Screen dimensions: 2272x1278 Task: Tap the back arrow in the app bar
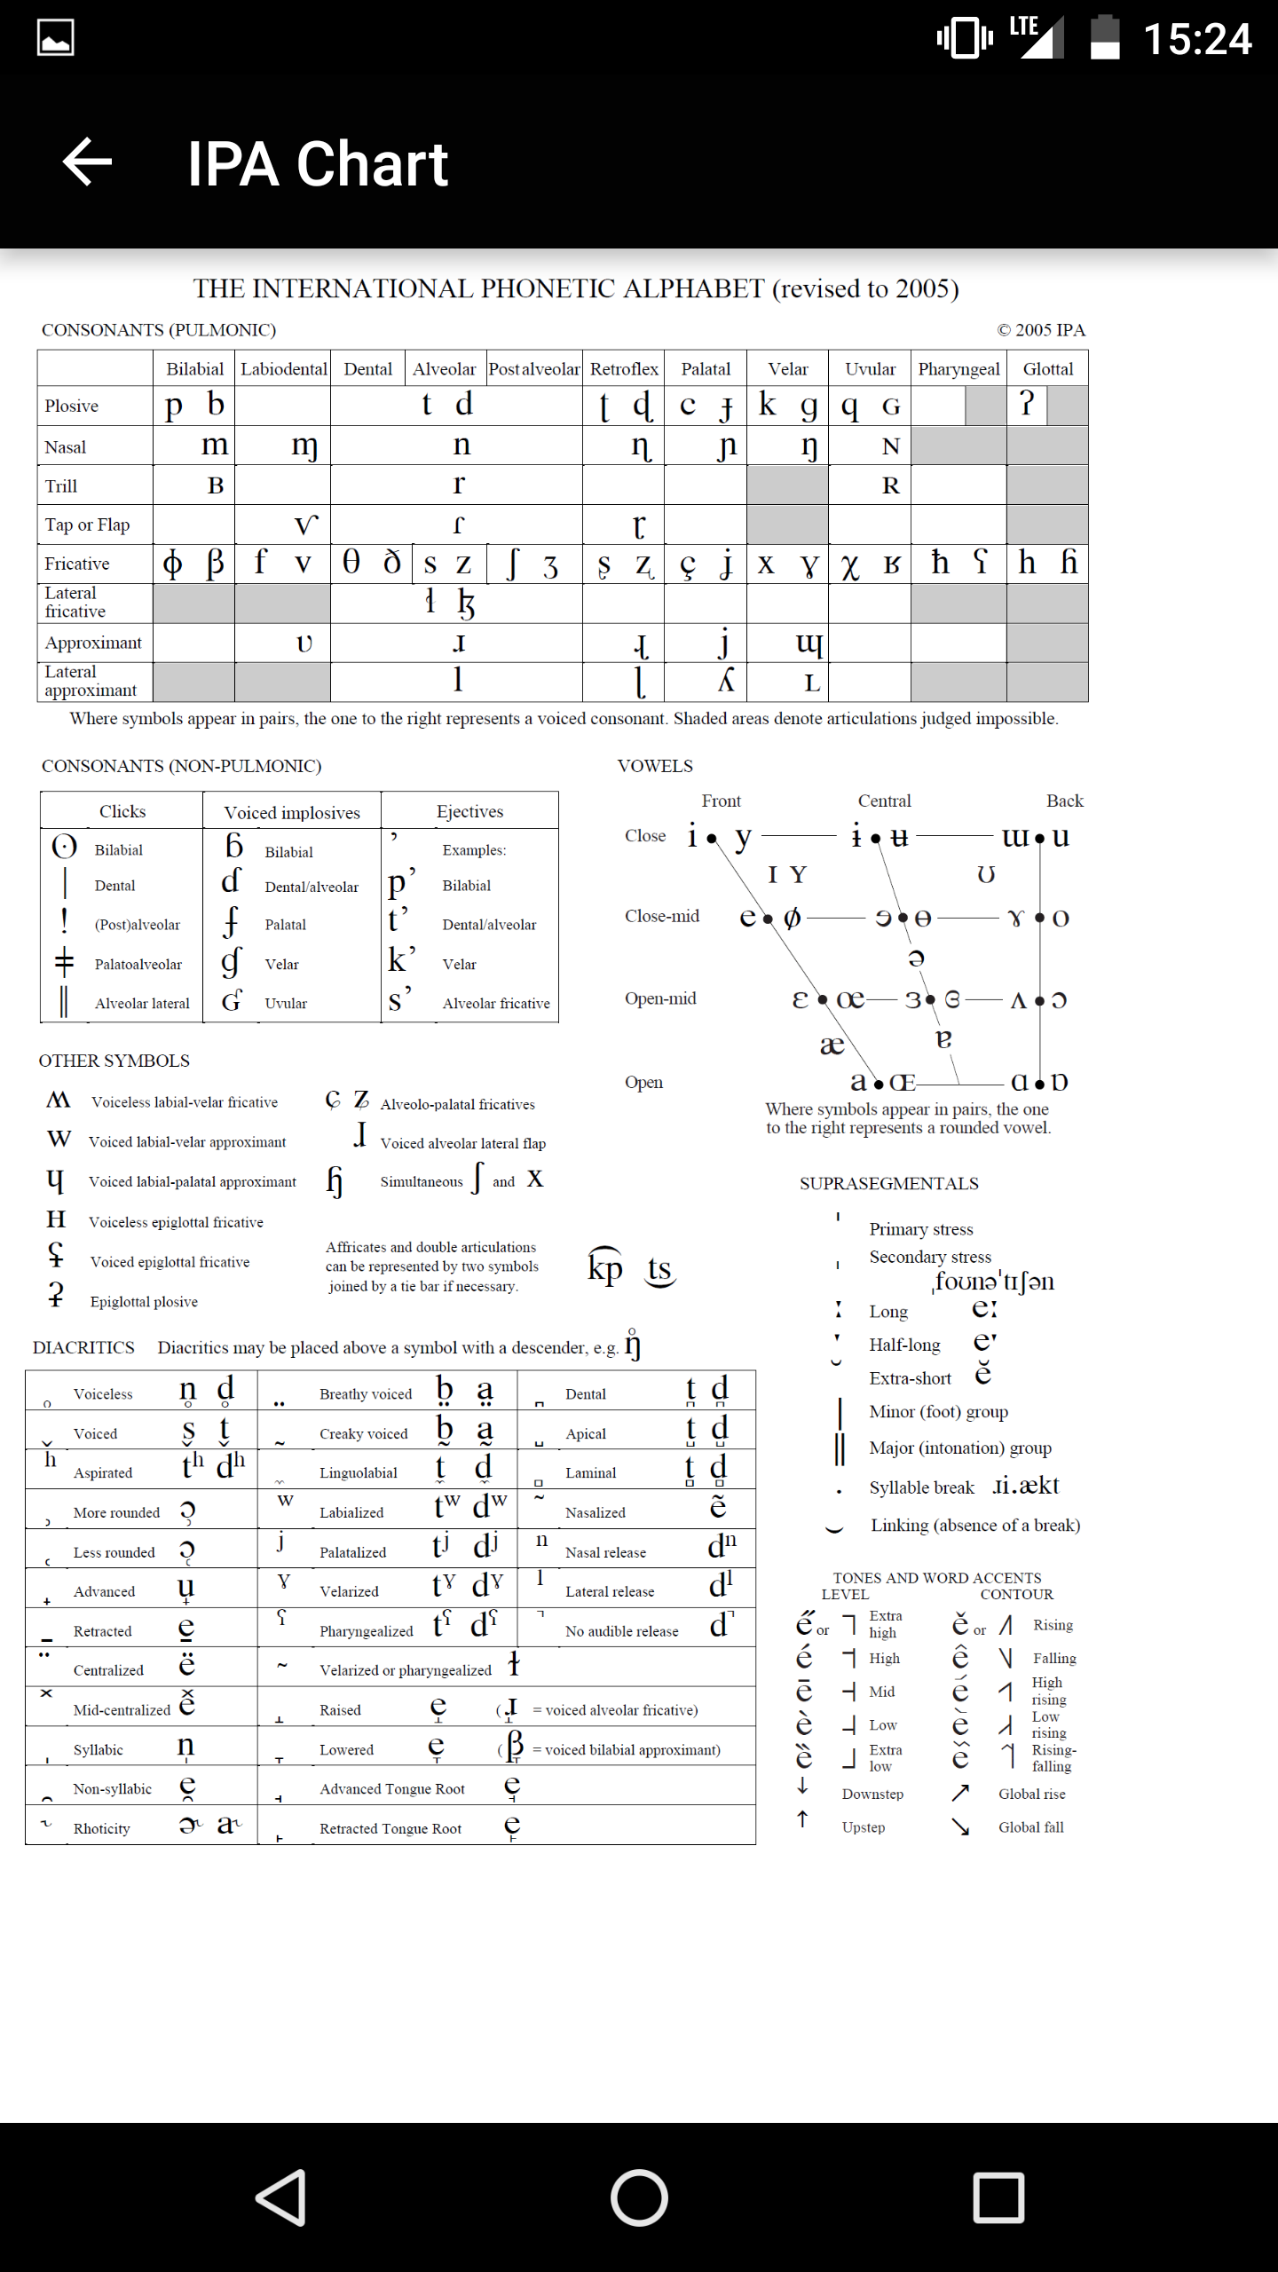coord(87,162)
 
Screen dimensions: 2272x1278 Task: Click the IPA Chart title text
coord(317,164)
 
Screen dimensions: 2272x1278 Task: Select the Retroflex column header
coord(624,369)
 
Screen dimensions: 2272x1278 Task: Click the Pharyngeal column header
coord(958,369)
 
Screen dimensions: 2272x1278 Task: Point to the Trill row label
coord(61,486)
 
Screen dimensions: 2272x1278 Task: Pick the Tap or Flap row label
coord(87,525)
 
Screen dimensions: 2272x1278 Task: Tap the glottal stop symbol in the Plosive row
coord(1027,405)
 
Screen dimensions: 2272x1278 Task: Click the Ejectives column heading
coord(469,811)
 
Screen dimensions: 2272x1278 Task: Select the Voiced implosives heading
coord(292,812)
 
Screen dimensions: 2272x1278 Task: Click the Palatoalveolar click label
coord(138,965)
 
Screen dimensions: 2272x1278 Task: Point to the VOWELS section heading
coord(655,766)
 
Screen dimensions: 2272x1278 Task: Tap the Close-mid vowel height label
coord(662,916)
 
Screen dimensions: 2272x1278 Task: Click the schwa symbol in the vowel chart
coord(917,958)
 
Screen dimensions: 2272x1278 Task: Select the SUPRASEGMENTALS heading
coord(888,1183)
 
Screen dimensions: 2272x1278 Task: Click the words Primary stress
coord(921,1229)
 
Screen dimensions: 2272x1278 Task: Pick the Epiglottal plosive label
coord(144,1302)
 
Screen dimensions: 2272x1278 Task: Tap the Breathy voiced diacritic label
coord(366,1394)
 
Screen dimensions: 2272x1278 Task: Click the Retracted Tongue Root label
coord(390,1828)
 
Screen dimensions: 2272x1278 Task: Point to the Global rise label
coord(1031,1794)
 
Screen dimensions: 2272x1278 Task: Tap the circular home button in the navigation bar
coord(639,2197)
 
